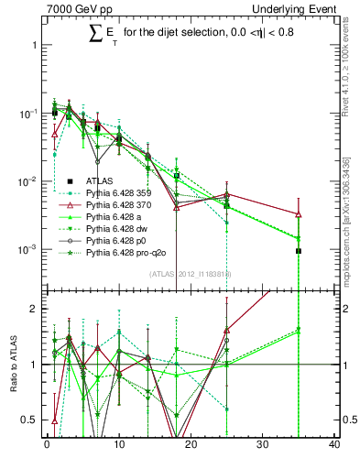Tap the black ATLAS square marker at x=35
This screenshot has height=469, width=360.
pos(299,250)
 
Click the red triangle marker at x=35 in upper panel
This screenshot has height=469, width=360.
pos(299,214)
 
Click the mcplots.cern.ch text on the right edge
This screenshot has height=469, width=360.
pos(351,220)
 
